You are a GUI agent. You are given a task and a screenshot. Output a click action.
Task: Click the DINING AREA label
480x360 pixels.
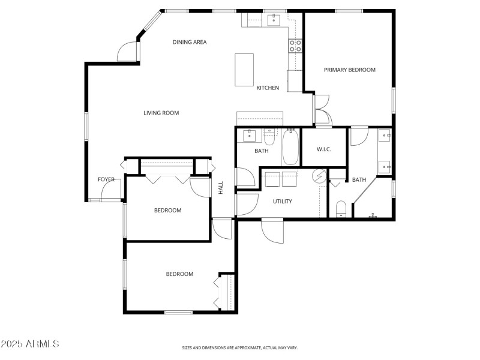[x=190, y=42]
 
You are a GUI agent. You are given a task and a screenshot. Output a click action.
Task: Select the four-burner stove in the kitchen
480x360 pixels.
[x=295, y=46]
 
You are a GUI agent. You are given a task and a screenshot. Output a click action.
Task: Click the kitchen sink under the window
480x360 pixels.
[x=274, y=20]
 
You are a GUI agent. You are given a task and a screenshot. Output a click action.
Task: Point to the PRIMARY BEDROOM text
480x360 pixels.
[x=349, y=70]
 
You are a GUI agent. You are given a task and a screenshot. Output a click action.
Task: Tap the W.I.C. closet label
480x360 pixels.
[x=324, y=150]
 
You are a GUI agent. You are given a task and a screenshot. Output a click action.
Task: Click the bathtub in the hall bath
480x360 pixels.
[x=290, y=148]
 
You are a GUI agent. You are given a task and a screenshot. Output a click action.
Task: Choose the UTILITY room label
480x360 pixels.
[x=283, y=201]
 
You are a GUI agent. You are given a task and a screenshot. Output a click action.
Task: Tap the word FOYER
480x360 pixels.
[x=106, y=179]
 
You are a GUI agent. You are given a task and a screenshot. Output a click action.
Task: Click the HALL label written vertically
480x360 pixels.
[x=221, y=188]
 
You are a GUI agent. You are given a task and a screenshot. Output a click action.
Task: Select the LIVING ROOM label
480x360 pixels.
[x=161, y=113]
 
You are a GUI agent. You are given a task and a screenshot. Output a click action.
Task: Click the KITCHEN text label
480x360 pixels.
[x=268, y=88]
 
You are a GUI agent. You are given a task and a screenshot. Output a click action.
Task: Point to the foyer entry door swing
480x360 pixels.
[x=110, y=191]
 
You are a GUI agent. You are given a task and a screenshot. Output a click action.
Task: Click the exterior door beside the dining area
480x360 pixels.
[x=128, y=52]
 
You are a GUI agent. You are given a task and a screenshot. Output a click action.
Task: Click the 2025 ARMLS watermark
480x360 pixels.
[x=29, y=344]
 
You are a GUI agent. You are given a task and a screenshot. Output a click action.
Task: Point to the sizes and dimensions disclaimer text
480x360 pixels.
[x=240, y=347]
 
